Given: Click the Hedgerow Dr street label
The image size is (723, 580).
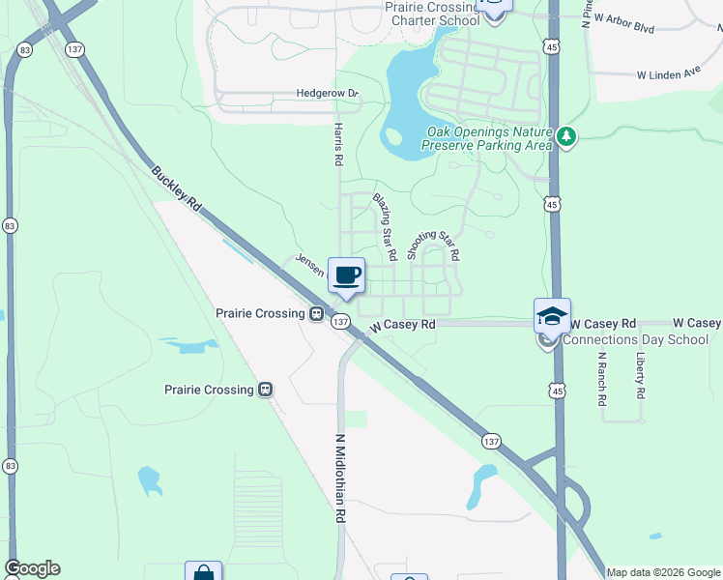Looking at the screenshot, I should (x=328, y=94).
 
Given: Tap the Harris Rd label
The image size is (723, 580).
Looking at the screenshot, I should (x=338, y=144).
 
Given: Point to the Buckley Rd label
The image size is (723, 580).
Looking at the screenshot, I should (x=175, y=190).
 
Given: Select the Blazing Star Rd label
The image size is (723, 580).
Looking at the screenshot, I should (x=385, y=227).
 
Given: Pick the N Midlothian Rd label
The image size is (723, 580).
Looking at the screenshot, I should (x=340, y=478).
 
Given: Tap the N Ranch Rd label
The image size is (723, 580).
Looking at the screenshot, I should (x=601, y=378).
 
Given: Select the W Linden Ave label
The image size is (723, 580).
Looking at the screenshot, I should (x=668, y=73).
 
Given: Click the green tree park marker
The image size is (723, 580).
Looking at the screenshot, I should (x=566, y=139).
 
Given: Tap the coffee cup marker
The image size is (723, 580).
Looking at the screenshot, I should (x=347, y=275).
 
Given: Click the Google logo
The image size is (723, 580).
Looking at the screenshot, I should (x=32, y=568).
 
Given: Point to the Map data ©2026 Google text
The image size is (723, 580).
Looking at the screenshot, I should (x=663, y=572).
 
